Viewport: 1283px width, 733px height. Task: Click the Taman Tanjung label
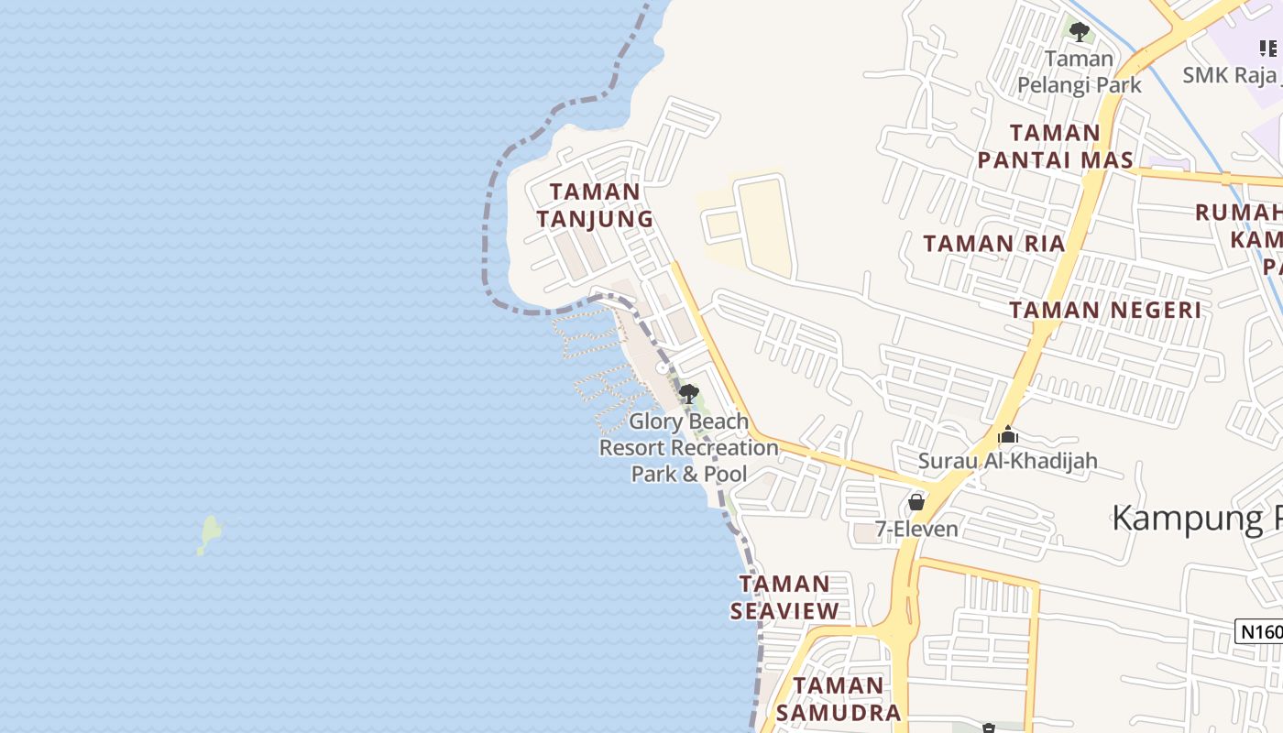[595, 205]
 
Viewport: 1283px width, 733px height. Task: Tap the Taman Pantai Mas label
[1055, 147]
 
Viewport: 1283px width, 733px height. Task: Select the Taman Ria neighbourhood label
[993, 244]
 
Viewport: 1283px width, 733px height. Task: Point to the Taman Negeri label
[1105, 310]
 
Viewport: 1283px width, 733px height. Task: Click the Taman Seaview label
[784, 597]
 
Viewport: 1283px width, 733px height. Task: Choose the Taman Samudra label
[839, 699]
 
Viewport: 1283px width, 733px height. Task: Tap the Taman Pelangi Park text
[1080, 72]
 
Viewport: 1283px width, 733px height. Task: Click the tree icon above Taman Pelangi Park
[1080, 32]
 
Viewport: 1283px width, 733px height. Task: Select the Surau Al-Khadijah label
[1007, 461]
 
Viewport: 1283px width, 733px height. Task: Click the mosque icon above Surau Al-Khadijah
[1008, 434]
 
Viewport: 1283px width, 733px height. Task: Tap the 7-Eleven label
[916, 529]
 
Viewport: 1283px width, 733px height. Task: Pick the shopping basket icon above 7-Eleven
[916, 502]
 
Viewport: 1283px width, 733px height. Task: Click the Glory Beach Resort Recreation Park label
[688, 448]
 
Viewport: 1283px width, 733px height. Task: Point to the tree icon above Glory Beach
[688, 394]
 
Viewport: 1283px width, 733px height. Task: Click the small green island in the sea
[209, 534]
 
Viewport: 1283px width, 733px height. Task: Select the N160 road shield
[1260, 630]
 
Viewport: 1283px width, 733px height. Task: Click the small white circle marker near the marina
[663, 367]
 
